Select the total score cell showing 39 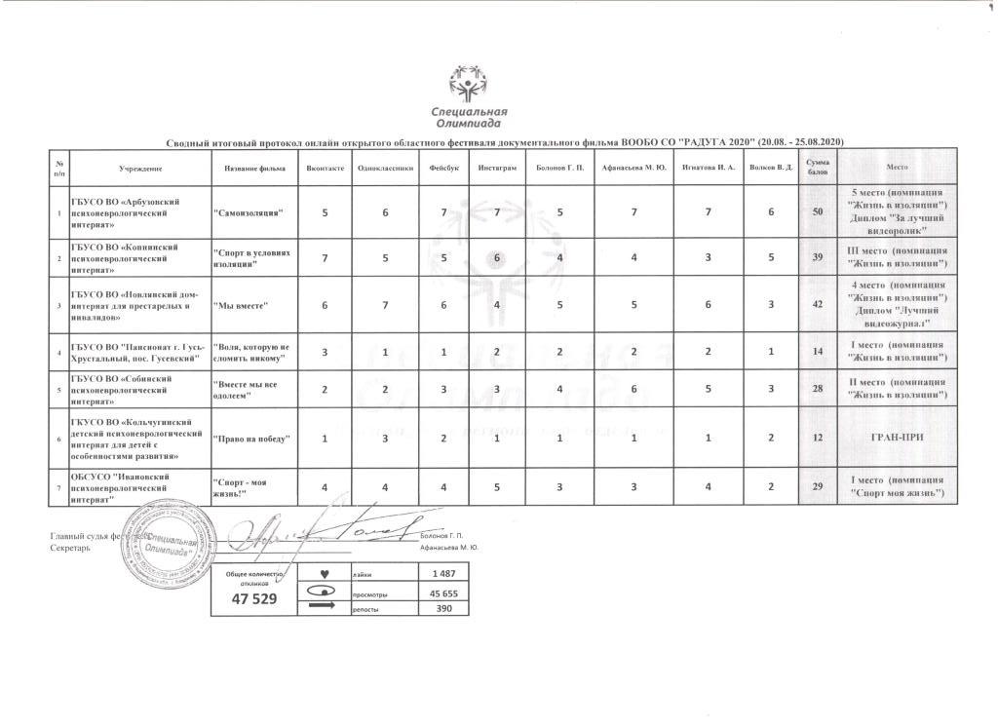[x=817, y=256]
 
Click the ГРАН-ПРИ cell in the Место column [x=897, y=437]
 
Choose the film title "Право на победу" [x=251, y=438]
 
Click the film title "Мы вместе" [x=240, y=304]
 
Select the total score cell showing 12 [x=817, y=437]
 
